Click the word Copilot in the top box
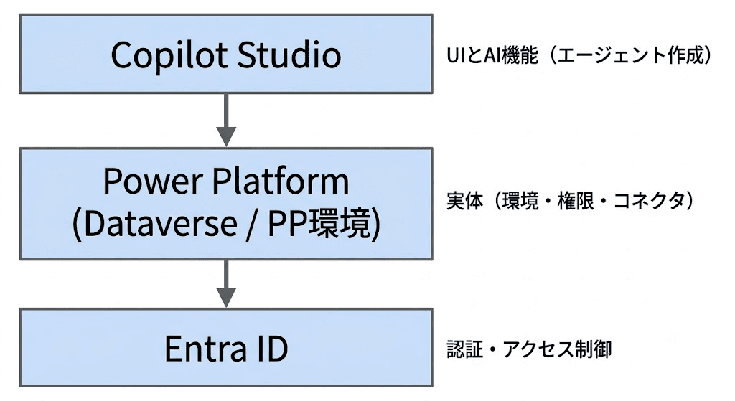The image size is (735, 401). (169, 55)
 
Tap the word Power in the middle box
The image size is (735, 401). (153, 181)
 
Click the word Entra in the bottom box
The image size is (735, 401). (206, 349)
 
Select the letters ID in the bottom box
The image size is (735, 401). (271, 349)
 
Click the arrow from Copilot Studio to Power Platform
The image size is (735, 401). (226, 121)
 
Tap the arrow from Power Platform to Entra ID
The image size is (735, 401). (226, 284)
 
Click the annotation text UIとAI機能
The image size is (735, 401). (492, 56)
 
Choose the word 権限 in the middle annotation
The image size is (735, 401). (575, 202)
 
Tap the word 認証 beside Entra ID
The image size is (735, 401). (464, 349)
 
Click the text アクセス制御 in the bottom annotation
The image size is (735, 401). (557, 349)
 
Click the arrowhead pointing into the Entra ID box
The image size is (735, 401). (226, 298)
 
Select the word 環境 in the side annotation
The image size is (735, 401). (520, 202)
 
